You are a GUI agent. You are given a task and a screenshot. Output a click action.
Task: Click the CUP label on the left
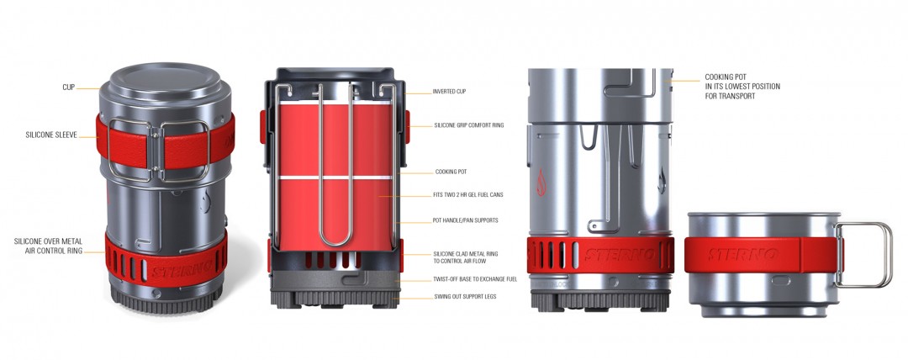[x=68, y=87]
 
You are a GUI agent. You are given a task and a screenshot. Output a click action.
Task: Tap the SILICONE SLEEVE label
[x=51, y=135]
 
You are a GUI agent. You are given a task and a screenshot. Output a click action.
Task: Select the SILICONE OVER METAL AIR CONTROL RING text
[x=48, y=246]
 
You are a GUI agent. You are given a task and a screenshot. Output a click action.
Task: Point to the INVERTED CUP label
[x=449, y=92]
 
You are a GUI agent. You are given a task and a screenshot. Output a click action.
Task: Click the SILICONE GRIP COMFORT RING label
[x=468, y=125]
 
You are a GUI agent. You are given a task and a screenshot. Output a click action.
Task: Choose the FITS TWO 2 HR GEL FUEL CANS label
[x=468, y=195]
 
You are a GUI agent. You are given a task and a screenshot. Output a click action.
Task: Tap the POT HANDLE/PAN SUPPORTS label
[x=465, y=220]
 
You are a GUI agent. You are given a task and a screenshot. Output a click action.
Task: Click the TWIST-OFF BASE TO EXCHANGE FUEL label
[x=475, y=279]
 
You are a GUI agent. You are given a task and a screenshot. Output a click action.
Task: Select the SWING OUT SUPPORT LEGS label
[x=464, y=297]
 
